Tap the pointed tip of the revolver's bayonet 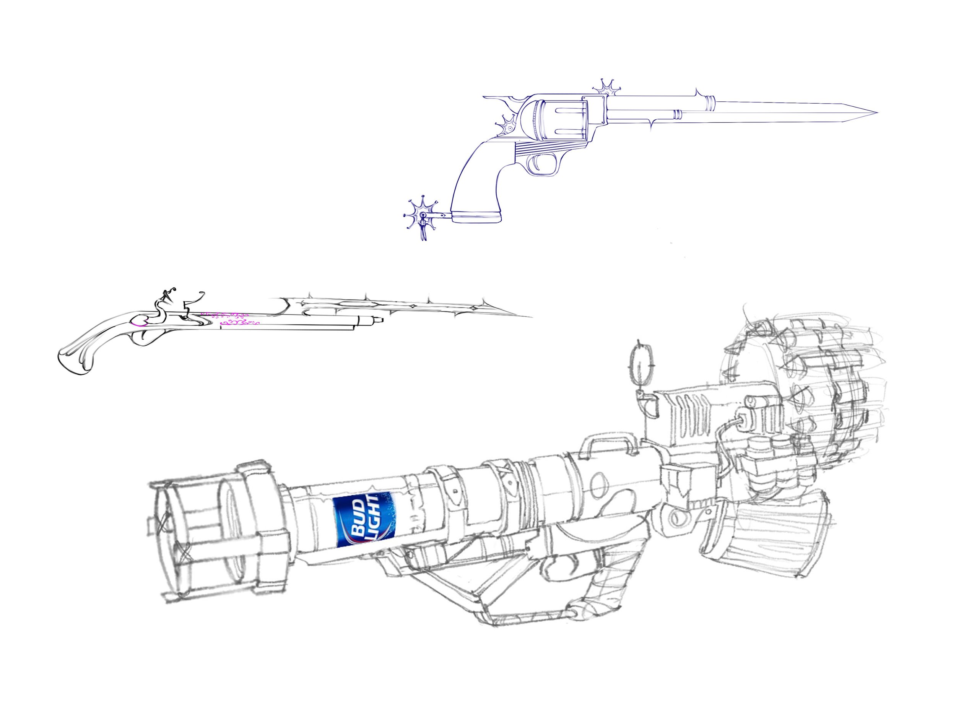click(876, 112)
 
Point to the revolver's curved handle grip click(480, 182)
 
